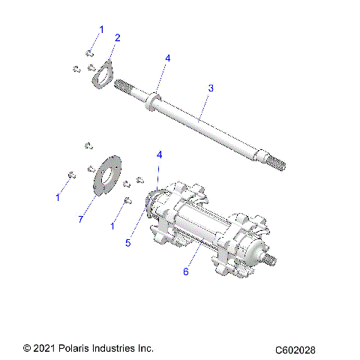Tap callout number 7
pos(80,218)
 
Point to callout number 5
pos(127,243)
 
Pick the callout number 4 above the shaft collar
pos(168,58)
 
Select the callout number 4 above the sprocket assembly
pos(158,155)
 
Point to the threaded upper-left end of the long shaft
pos(127,86)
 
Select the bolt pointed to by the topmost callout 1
pos(88,52)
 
